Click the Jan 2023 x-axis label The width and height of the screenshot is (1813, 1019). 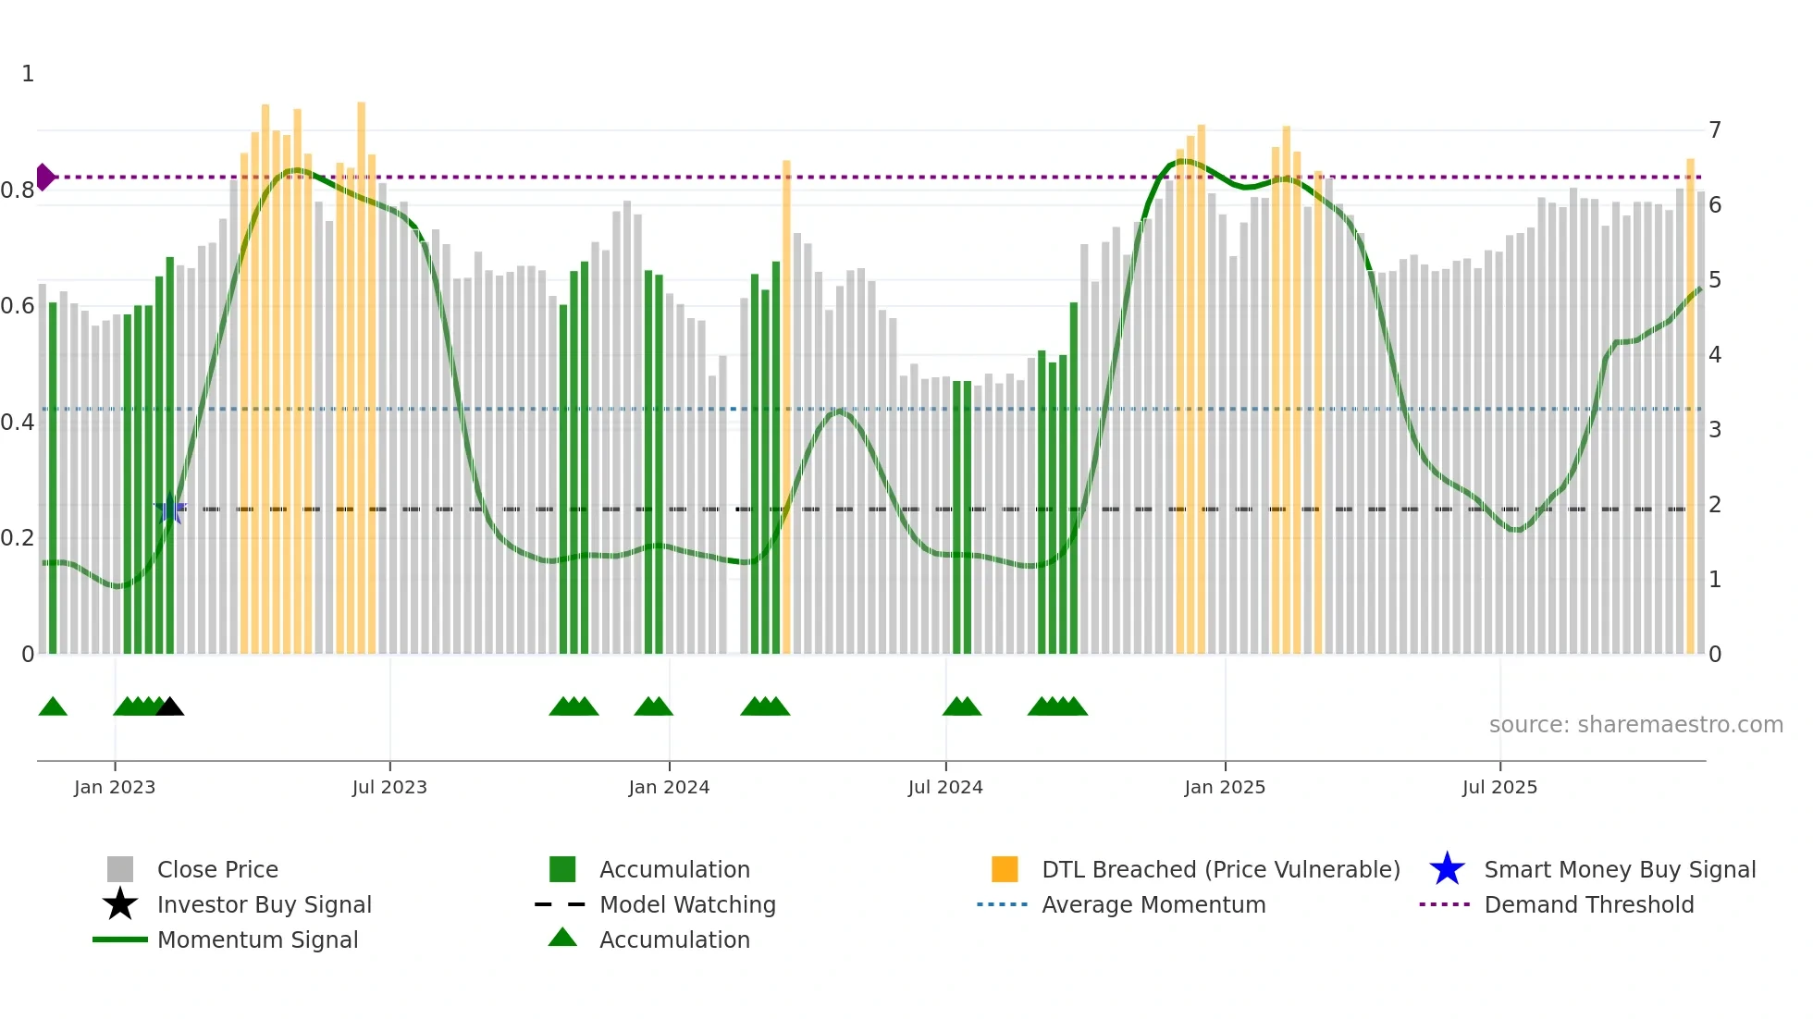115,788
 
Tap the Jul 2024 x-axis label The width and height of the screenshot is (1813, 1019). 945,788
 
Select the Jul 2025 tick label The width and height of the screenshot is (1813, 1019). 1499,788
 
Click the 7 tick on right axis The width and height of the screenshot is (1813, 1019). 1715,130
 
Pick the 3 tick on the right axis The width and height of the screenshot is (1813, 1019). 1715,430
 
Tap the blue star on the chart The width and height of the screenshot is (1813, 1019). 170,509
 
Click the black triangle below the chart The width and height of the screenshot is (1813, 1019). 169,707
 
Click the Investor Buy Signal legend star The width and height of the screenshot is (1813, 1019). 120,904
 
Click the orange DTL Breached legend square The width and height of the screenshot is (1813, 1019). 1005,869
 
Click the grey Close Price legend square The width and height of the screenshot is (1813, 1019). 120,869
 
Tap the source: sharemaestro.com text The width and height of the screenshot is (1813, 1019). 1635,725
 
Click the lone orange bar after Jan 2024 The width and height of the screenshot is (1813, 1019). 786,407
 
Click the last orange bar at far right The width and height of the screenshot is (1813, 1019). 1690,407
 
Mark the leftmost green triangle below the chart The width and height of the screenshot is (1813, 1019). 53,707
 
